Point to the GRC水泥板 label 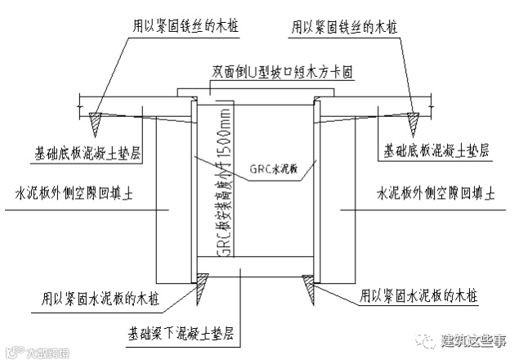click(x=274, y=173)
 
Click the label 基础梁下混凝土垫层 click(x=181, y=334)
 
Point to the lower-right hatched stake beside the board click(x=309, y=287)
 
